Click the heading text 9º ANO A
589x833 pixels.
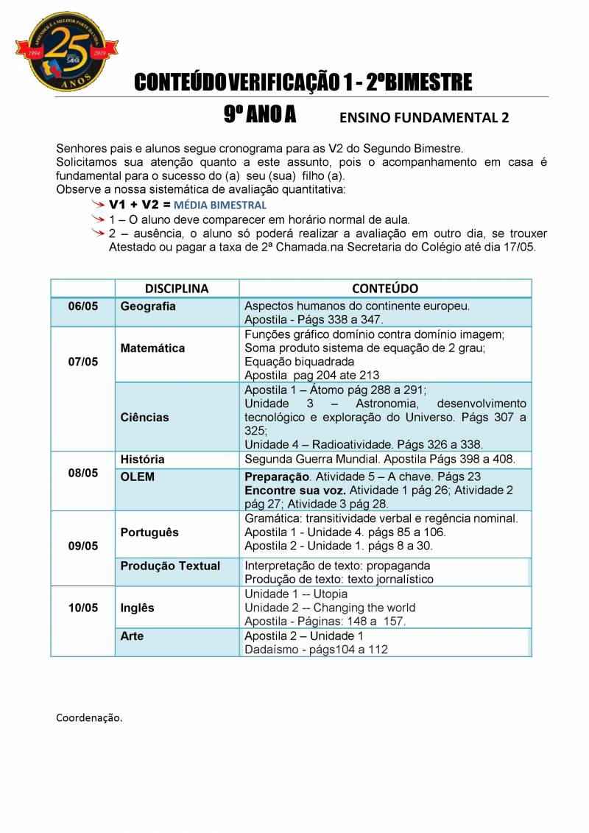pyautogui.click(x=260, y=115)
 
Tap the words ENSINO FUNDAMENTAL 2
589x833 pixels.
pyautogui.click(x=423, y=118)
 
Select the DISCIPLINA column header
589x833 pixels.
pyautogui.click(x=177, y=289)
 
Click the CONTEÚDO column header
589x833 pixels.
pyautogui.click(x=385, y=289)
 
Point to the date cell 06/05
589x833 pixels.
pyautogui.click(x=82, y=306)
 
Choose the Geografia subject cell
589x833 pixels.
pyautogui.click(x=148, y=306)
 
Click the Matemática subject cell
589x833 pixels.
pyautogui.click(x=152, y=348)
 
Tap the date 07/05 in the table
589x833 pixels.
pyautogui.click(x=82, y=362)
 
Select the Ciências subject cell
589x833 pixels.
pyautogui.click(x=144, y=417)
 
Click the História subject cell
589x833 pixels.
pyautogui.click(x=142, y=459)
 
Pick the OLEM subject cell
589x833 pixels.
pyautogui.click(x=138, y=477)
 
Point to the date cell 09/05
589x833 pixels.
pyautogui.click(x=82, y=546)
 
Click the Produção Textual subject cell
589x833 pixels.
pyautogui.click(x=170, y=566)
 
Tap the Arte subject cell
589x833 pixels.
pyautogui.click(x=133, y=636)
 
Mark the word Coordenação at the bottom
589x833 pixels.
pyautogui.click(x=89, y=717)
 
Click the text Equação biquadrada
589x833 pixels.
pyautogui.click(x=299, y=362)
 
